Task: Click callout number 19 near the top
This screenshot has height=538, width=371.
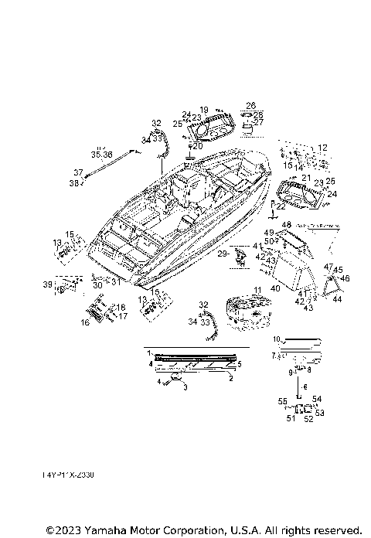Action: [x=204, y=110]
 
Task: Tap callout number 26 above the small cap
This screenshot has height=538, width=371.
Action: [x=250, y=105]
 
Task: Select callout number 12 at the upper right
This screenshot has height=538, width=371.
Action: [x=322, y=148]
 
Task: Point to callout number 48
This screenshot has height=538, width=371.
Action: [x=286, y=225]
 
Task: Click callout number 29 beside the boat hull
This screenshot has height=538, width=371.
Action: [x=222, y=254]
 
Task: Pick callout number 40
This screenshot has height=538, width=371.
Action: [x=274, y=288]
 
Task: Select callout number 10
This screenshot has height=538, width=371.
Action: [x=276, y=339]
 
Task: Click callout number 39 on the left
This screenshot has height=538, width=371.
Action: [x=48, y=285]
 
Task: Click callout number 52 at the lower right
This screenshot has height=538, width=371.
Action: [x=308, y=419]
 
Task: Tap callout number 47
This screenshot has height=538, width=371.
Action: [x=328, y=267]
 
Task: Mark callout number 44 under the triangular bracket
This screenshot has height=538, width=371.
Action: [x=336, y=298]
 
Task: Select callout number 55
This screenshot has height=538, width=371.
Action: [x=283, y=401]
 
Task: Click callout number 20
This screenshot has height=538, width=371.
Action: [x=197, y=146]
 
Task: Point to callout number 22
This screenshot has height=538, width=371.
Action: [x=281, y=206]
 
